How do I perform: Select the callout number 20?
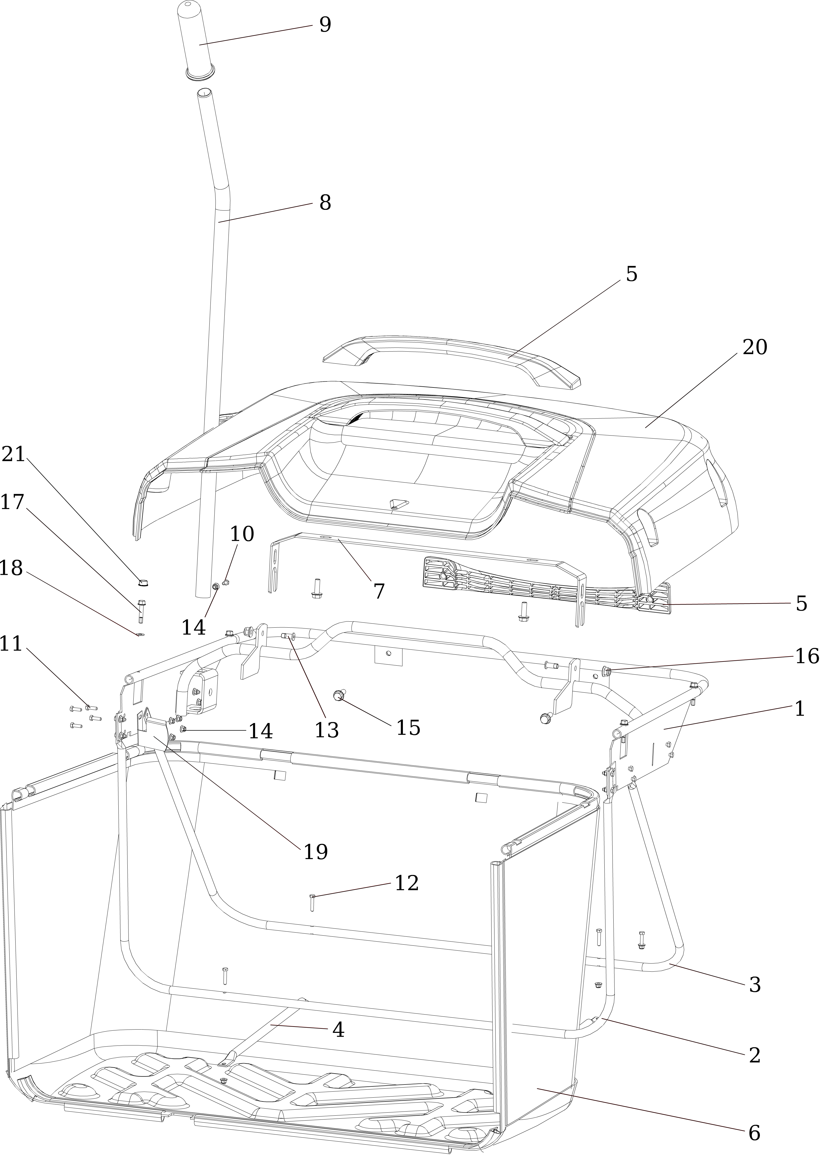tap(754, 347)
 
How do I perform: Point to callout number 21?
tap(13, 454)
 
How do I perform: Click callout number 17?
tap(12, 502)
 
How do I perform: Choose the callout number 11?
tap(11, 644)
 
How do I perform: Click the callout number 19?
tap(316, 852)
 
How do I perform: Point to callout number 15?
tap(408, 727)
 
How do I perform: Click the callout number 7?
tap(379, 591)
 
